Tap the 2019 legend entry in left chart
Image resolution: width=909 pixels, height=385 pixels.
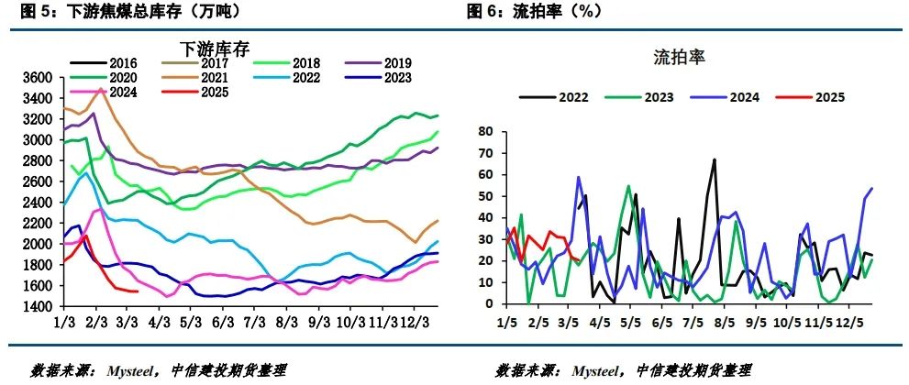coord(397,63)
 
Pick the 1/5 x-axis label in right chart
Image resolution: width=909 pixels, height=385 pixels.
coord(508,323)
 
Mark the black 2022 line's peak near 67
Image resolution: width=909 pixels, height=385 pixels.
coord(714,159)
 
